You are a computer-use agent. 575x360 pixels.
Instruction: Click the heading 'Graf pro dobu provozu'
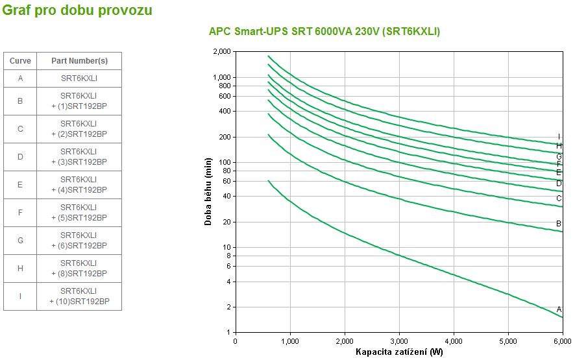(78, 10)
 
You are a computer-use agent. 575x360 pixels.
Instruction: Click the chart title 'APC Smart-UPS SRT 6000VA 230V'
(324, 31)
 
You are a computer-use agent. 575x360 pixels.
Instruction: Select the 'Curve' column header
(20, 60)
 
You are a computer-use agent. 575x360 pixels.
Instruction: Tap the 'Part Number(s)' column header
(79, 60)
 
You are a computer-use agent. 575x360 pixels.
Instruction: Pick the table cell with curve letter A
(20, 78)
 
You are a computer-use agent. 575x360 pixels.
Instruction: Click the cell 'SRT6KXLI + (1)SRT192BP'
(79, 101)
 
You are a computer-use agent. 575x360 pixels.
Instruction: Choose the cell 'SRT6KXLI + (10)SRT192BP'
(79, 296)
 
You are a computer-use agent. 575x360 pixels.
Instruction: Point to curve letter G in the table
(20, 241)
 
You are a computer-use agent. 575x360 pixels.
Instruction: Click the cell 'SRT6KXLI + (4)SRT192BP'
(79, 185)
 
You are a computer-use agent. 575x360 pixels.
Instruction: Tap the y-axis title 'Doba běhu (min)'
(208, 191)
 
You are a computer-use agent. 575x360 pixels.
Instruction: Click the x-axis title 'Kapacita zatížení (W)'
(398, 352)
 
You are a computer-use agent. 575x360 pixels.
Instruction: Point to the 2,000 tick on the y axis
(221, 51)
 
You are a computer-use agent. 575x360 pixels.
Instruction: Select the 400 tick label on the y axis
(225, 111)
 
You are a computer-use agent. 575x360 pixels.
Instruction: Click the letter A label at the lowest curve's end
(559, 309)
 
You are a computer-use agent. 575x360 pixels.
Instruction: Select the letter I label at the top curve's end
(559, 137)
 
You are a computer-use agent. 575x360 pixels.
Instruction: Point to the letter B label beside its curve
(559, 224)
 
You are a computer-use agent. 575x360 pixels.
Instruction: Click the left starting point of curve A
(268, 180)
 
